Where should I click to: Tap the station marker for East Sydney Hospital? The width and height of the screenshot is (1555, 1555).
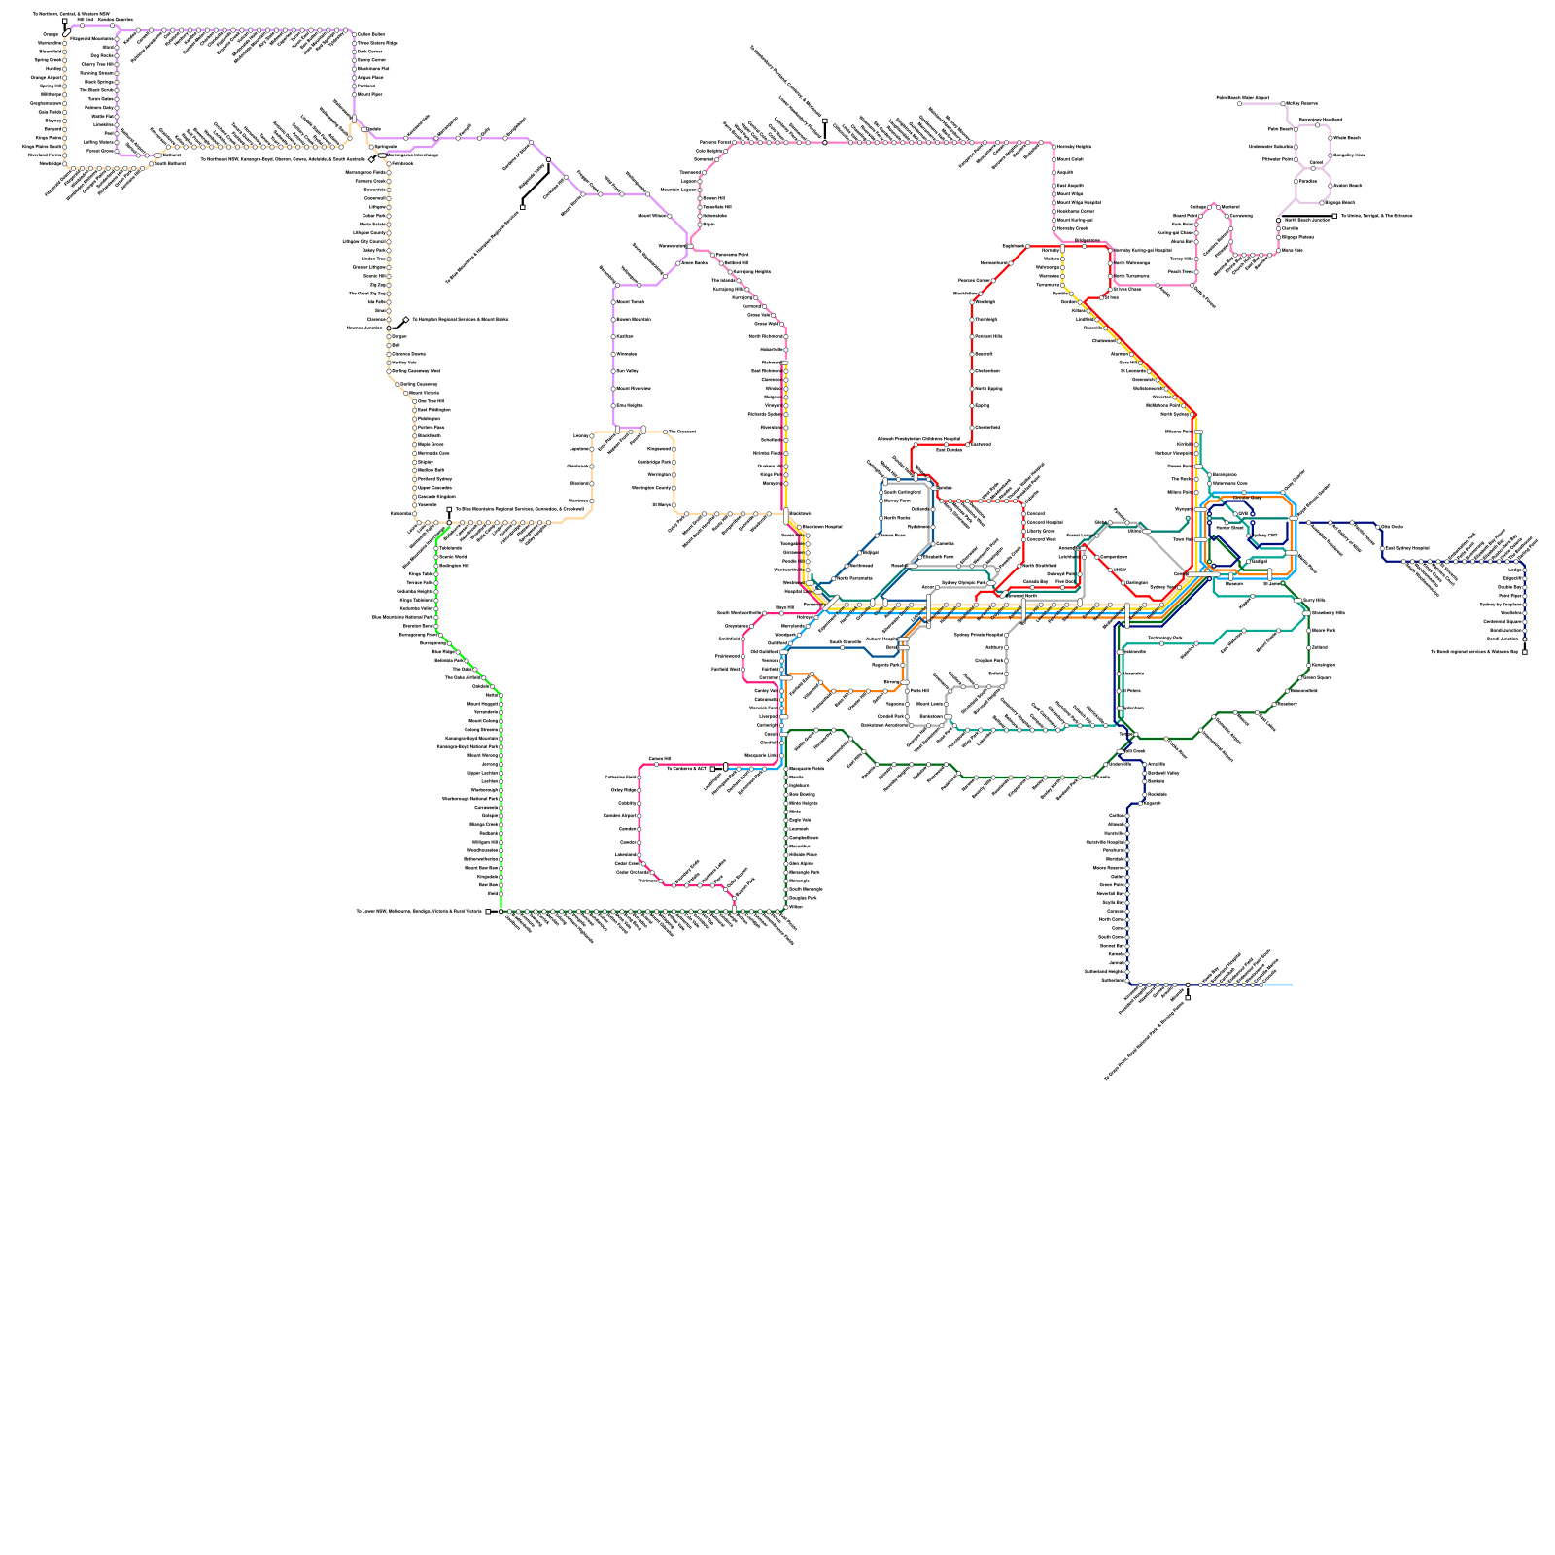coord(1383,549)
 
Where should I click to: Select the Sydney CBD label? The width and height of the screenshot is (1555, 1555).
coord(1264,536)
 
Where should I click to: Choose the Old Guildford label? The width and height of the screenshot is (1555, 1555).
coord(763,652)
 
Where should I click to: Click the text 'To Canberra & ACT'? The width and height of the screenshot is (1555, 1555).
coord(686,768)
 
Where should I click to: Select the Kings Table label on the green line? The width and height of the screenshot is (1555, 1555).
coord(421,574)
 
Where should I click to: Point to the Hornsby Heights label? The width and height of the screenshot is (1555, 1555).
coord(1074,147)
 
